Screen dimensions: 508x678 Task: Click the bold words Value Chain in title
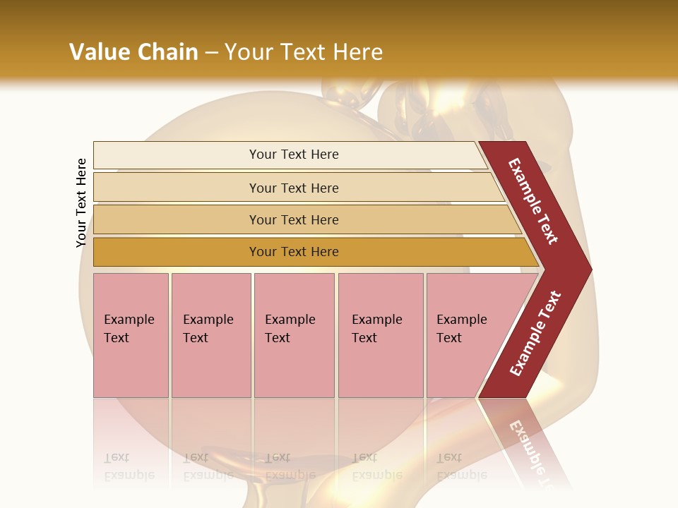pyautogui.click(x=133, y=52)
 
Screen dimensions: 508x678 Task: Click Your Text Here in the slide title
pyautogui.click(x=304, y=52)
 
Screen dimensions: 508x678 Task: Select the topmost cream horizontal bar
pyautogui.click(x=177, y=155)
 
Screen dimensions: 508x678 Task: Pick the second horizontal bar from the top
pyautogui.click(x=177, y=188)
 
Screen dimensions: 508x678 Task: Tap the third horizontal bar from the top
pyautogui.click(x=177, y=219)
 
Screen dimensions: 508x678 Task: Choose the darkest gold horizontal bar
pyautogui.click(x=177, y=252)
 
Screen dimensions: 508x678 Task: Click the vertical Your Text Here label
pyautogui.click(x=81, y=202)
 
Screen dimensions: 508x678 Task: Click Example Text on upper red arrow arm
pyautogui.click(x=533, y=201)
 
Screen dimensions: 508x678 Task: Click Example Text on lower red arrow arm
pyautogui.click(x=535, y=334)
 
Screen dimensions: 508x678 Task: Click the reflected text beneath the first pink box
pyautogui.click(x=129, y=466)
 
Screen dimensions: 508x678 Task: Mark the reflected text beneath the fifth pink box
pyautogui.click(x=461, y=466)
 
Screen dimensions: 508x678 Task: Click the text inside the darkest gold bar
pyautogui.click(x=294, y=252)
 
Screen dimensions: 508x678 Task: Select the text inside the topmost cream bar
pyautogui.click(x=294, y=155)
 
